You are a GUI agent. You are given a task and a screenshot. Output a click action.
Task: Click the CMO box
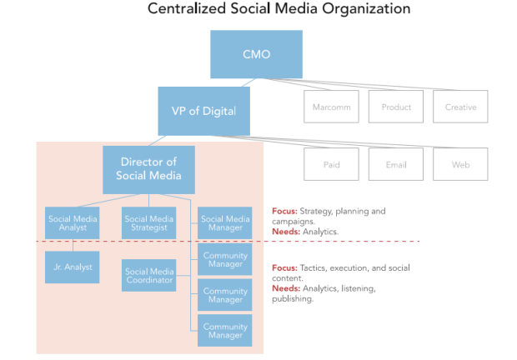256,54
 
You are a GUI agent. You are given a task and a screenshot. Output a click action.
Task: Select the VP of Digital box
203,112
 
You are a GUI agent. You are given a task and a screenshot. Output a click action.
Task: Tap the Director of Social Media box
148,170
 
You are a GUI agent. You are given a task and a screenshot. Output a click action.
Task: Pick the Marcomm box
331,107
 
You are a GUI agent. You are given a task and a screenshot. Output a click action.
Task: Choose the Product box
396,107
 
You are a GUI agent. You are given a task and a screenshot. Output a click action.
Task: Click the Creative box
460,107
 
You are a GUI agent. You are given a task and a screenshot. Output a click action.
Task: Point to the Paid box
331,164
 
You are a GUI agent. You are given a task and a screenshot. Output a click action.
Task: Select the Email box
396,164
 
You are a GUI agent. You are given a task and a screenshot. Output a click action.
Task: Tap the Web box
460,164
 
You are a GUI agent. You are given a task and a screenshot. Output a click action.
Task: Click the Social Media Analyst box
73,223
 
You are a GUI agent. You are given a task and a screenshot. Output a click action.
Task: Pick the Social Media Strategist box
148,223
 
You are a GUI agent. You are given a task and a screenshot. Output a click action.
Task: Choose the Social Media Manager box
225,223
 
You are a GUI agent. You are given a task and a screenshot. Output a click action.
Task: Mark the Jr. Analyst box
73,267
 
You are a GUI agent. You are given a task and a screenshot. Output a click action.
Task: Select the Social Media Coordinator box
148,275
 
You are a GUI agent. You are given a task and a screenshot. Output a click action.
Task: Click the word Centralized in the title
187,8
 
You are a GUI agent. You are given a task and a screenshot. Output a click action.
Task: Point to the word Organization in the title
366,9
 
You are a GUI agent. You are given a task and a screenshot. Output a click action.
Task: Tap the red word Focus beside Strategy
284,211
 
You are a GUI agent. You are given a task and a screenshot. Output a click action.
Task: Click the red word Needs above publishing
286,288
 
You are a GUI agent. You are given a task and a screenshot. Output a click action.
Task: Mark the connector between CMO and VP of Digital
249,82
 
